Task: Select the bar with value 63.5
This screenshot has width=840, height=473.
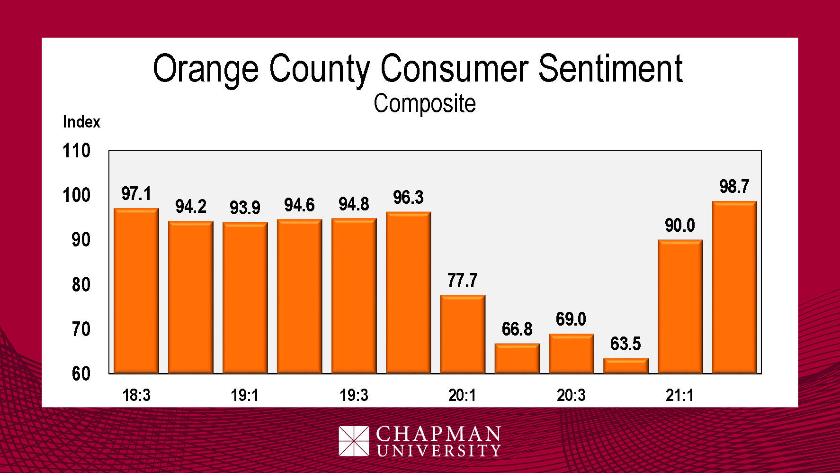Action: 626,366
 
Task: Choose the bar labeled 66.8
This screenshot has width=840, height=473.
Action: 517,358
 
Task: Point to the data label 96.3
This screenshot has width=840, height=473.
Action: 408,198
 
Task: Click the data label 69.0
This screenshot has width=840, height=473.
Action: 571,319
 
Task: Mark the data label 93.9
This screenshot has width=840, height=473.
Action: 245,208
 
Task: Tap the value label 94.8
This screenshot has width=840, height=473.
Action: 354,204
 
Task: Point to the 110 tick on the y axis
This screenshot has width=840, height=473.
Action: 76,151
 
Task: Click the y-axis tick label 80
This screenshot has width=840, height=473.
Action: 81,285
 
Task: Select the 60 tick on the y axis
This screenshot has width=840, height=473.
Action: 81,374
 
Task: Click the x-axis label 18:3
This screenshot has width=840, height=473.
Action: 136,395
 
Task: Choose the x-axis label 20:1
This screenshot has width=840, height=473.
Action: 462,395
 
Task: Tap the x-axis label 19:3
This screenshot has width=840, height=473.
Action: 354,395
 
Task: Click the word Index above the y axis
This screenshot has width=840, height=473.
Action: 81,122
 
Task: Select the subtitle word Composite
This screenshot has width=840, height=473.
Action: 424,103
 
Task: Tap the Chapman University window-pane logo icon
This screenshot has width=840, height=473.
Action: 354,441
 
